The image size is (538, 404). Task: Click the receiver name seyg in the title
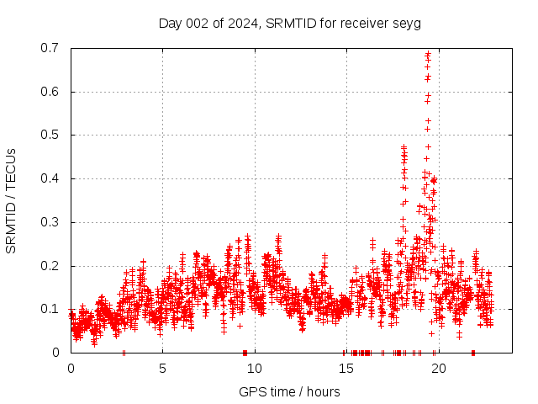tap(407, 24)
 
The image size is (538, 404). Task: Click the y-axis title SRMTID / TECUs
tap(12, 200)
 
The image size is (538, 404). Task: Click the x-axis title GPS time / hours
tap(289, 391)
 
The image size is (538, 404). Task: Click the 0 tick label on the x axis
tap(71, 368)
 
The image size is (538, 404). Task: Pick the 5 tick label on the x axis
tap(162, 368)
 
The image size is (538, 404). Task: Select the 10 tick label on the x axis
tap(254, 368)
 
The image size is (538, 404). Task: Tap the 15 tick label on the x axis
tap(345, 368)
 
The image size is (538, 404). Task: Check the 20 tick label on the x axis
tap(437, 368)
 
